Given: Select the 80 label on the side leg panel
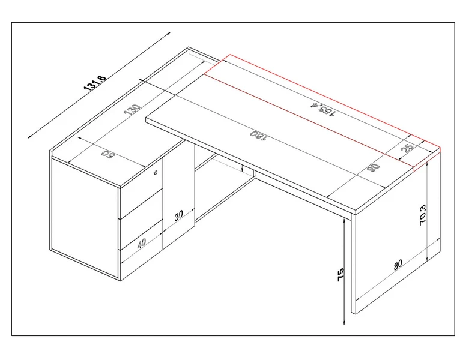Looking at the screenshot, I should coord(399,264).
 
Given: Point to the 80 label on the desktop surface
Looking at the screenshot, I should coord(375,168).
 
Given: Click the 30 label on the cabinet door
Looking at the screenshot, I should coord(179,217).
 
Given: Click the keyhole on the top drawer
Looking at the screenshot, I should coord(156,173).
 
